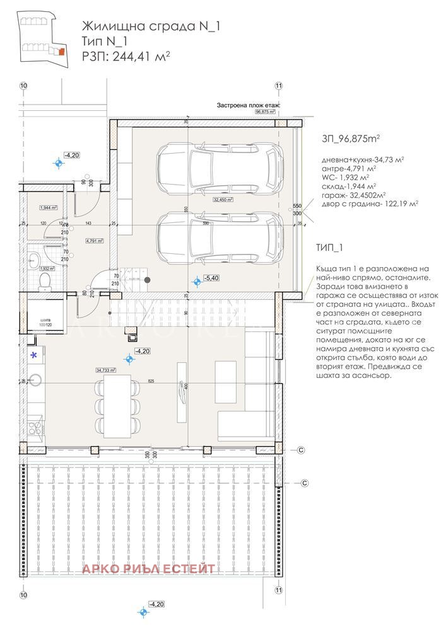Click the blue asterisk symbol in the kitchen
(x=34, y=355)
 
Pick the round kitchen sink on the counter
(x=35, y=379)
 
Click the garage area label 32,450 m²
(x=223, y=200)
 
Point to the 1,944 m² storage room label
(x=49, y=207)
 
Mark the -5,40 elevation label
(x=211, y=278)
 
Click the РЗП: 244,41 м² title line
(x=126, y=56)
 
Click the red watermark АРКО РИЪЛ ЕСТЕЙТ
(x=149, y=570)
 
